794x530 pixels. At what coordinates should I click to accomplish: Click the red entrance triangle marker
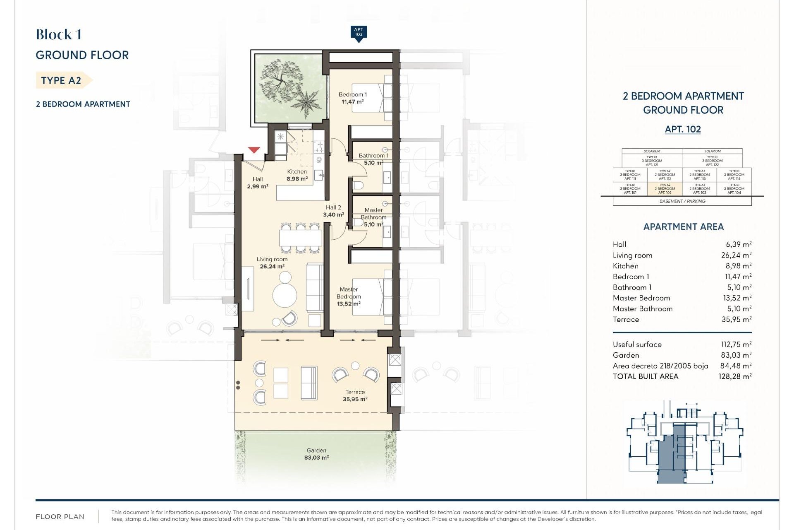pyautogui.click(x=254, y=150)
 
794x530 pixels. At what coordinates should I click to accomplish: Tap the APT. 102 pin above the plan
pyautogui.click(x=359, y=33)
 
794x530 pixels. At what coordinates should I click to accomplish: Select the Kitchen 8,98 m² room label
pyautogui.click(x=297, y=175)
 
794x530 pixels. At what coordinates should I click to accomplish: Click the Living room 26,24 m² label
pyautogui.click(x=272, y=263)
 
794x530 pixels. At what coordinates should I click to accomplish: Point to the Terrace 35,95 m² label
pyautogui.click(x=355, y=395)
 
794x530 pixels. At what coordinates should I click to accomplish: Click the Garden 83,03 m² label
pyautogui.click(x=316, y=454)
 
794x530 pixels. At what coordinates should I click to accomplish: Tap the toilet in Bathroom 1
pyautogui.click(x=358, y=184)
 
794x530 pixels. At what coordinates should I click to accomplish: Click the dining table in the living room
pyautogui.click(x=300, y=238)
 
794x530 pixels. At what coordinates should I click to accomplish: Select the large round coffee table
pyautogui.click(x=285, y=295)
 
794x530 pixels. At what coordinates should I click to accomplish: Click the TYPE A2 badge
pyautogui.click(x=61, y=80)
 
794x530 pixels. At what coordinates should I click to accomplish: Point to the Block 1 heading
pyautogui.click(x=58, y=34)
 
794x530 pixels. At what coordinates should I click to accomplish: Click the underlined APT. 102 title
pyautogui.click(x=683, y=129)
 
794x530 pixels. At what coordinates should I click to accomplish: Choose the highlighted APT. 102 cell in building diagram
pyautogui.click(x=665, y=189)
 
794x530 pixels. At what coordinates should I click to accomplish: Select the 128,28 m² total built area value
pyautogui.click(x=735, y=376)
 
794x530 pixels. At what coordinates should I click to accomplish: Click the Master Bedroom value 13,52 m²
pyautogui.click(x=736, y=298)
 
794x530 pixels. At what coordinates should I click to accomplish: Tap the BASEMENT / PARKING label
pyautogui.click(x=682, y=201)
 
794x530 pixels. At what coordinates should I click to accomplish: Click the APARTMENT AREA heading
pyautogui.click(x=683, y=226)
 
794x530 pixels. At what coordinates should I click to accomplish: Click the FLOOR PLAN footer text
pyautogui.click(x=60, y=516)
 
